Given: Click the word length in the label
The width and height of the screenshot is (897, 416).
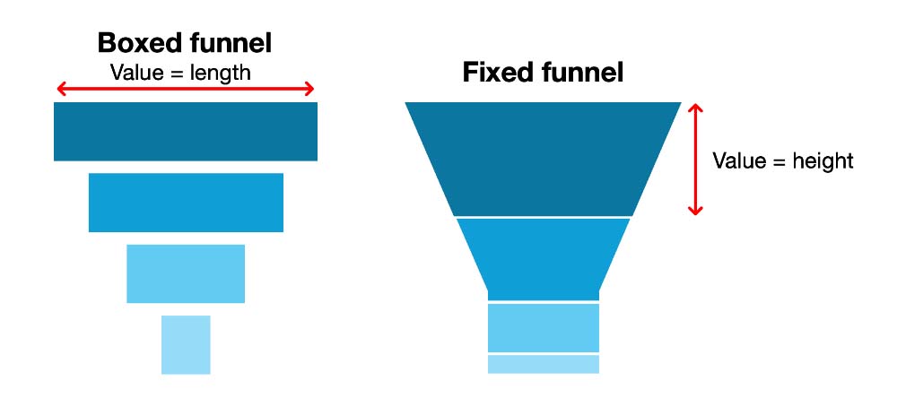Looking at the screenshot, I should click(x=221, y=73).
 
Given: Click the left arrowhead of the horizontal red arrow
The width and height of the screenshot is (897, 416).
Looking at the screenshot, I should click(x=61, y=89).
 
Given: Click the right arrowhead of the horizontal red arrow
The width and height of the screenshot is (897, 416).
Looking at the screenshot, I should click(x=309, y=89).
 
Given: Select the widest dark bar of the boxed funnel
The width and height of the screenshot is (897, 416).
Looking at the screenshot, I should click(x=186, y=132).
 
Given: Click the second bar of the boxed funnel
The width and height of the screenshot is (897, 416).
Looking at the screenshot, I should click(x=186, y=203).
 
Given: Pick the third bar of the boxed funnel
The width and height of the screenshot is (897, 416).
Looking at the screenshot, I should click(x=186, y=273).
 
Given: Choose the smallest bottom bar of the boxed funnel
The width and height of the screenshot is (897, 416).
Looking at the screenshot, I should click(x=186, y=344).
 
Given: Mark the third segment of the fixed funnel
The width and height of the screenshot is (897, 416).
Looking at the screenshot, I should click(x=543, y=327).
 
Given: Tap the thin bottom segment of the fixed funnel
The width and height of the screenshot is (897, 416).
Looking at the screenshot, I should click(x=543, y=364).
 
